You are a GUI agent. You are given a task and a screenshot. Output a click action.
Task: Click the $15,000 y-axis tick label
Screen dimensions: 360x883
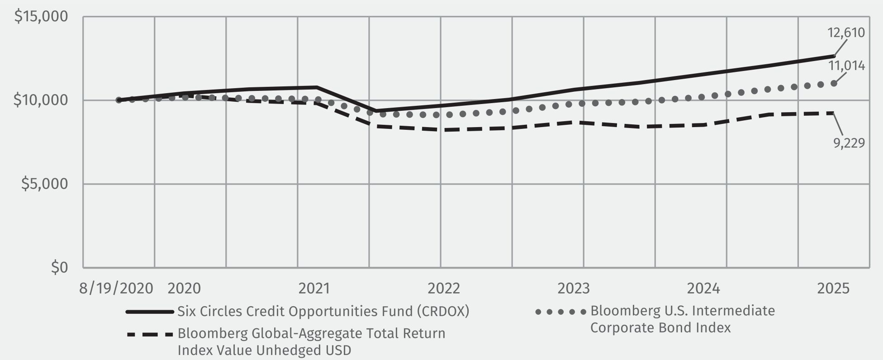(41, 17)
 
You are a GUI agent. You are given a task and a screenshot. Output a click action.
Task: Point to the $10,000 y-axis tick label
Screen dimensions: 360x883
(41, 100)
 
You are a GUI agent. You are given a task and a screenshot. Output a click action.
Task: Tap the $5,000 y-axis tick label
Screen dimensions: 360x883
(44, 184)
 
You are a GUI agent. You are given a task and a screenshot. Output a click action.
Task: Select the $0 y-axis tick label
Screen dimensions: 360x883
(59, 267)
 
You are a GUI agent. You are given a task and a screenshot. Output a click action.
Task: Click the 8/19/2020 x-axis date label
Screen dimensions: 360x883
(116, 289)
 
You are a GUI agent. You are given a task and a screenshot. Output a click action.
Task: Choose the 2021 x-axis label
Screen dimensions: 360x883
(314, 289)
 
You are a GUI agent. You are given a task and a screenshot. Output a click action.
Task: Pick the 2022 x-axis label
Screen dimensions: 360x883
(444, 289)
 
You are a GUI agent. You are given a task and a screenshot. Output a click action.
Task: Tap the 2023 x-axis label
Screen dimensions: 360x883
(574, 289)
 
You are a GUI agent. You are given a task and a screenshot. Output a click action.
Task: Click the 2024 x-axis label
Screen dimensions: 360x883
(703, 289)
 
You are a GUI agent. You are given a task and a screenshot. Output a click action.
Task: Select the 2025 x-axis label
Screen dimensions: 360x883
(833, 289)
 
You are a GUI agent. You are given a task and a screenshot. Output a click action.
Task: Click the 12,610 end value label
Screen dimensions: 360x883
(845, 33)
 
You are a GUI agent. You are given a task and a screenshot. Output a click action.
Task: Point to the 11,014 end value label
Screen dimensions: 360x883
(846, 66)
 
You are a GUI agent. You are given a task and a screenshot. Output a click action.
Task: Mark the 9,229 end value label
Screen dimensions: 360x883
(849, 143)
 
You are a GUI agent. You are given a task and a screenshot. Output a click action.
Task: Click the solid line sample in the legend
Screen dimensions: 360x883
(150, 312)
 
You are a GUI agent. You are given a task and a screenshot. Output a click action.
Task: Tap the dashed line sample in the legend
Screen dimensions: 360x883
(150, 335)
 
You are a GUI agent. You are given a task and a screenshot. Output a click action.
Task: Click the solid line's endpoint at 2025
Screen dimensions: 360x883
(834, 56)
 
